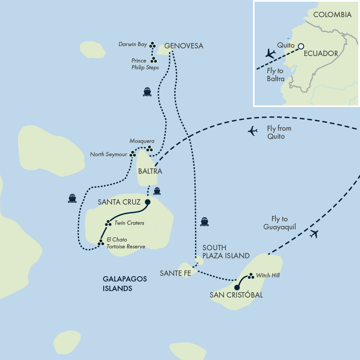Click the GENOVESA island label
coord(184,46)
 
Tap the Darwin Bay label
coord(132,45)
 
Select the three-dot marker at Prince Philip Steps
coord(154,60)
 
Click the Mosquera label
coord(142,141)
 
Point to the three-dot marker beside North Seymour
coord(133,154)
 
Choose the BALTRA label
coord(150,171)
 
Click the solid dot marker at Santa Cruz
coord(147,202)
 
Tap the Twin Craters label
coord(129,223)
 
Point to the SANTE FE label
coord(175,273)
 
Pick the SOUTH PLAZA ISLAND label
coord(226,252)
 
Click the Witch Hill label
coord(268,275)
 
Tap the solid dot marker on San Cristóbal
coord(237,288)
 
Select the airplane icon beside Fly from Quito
coord(253,131)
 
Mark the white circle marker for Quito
coord(301,46)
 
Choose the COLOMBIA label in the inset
coord(332,15)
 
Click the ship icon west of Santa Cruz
coord(72,198)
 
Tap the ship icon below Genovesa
coord(147,91)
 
